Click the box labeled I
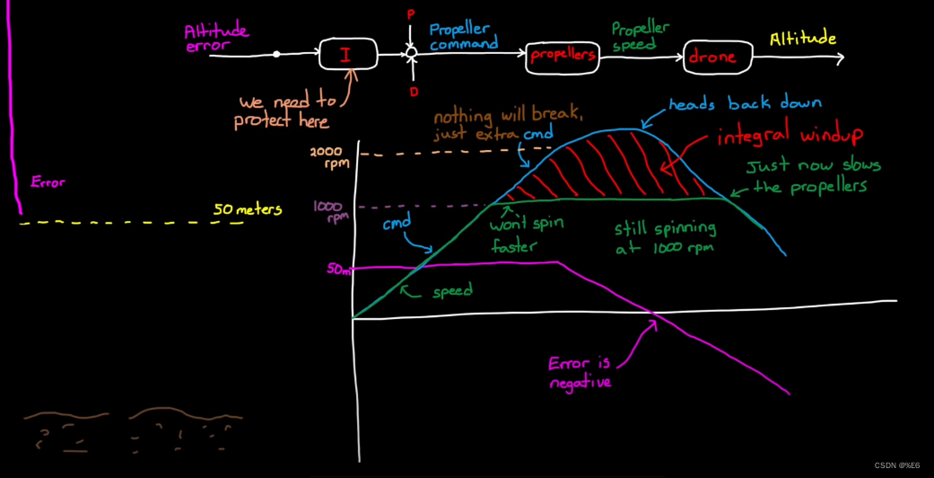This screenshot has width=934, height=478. pyautogui.click(x=345, y=55)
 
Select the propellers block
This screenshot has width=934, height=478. pyautogui.click(x=563, y=56)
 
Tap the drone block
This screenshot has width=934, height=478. pyautogui.click(x=712, y=57)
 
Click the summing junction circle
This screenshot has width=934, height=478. pyautogui.click(x=411, y=54)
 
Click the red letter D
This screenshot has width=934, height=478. pyautogui.click(x=415, y=92)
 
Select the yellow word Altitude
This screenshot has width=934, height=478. pyautogui.click(x=803, y=40)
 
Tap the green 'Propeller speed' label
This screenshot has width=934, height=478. pyautogui.click(x=641, y=36)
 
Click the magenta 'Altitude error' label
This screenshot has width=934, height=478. pyautogui.click(x=215, y=38)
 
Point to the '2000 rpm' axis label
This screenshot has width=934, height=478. pyautogui.click(x=328, y=156)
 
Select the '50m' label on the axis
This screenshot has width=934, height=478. pyautogui.click(x=338, y=269)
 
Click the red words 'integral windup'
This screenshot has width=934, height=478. pyautogui.click(x=790, y=136)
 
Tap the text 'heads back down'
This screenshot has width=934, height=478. pyautogui.click(x=745, y=103)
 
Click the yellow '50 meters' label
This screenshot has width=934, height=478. pyautogui.click(x=247, y=210)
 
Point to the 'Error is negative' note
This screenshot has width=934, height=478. pyautogui.click(x=580, y=373)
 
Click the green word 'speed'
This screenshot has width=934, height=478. pyautogui.click(x=452, y=291)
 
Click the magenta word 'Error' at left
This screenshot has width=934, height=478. pyautogui.click(x=48, y=182)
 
